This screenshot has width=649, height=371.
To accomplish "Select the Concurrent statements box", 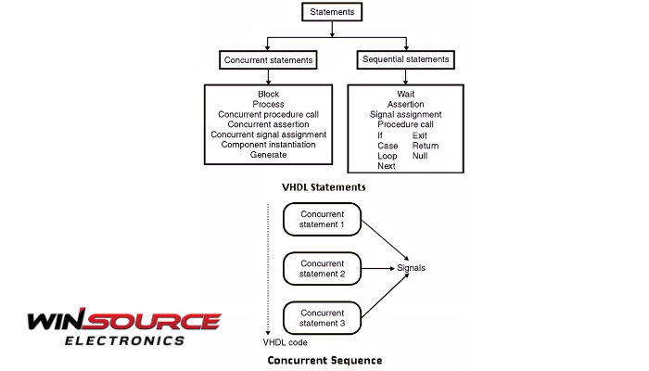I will coord(268,60).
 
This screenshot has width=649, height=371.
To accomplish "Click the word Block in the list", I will coord(268,95).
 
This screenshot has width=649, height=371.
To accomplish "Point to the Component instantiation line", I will coord(269,145).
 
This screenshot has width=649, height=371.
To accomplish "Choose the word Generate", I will coord(268,155).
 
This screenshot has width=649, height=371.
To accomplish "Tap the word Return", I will coord(426,146).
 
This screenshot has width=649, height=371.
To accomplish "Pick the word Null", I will coord(421,156).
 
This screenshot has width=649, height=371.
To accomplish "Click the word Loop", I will coord(388,156).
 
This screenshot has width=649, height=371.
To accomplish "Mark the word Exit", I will coord(420,135).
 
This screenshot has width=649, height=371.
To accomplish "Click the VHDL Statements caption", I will coord(324,186).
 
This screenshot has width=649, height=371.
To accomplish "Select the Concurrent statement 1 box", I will coord(324,220).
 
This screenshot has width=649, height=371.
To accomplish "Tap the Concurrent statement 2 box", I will coord(324,268).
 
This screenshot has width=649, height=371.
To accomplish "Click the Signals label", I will coord(412,268).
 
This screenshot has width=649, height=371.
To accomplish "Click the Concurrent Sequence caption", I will coord(324,359).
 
